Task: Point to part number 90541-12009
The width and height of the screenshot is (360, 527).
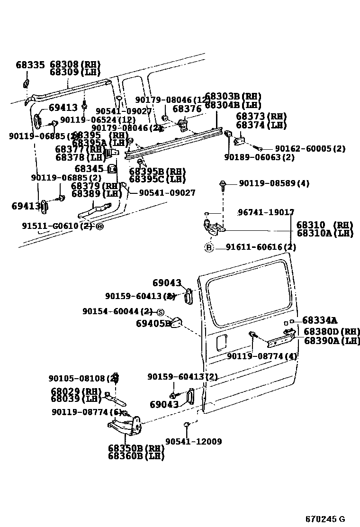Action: (194, 442)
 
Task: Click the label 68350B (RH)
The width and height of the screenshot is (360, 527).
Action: (135, 448)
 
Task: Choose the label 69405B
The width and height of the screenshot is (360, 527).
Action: (153, 324)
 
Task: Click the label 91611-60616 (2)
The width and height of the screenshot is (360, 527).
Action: (261, 247)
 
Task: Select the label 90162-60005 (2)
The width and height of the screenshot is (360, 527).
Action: (310, 149)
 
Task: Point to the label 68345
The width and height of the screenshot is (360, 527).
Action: (89, 168)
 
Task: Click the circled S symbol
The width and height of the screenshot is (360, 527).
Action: (160, 312)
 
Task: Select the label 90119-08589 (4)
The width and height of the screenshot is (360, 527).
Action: (274, 183)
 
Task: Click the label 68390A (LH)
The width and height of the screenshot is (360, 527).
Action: (332, 341)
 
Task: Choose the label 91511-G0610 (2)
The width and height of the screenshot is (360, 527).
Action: (57, 226)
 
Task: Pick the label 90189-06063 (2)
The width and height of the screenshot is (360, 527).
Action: (259, 157)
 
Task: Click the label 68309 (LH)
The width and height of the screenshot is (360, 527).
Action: (75, 73)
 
